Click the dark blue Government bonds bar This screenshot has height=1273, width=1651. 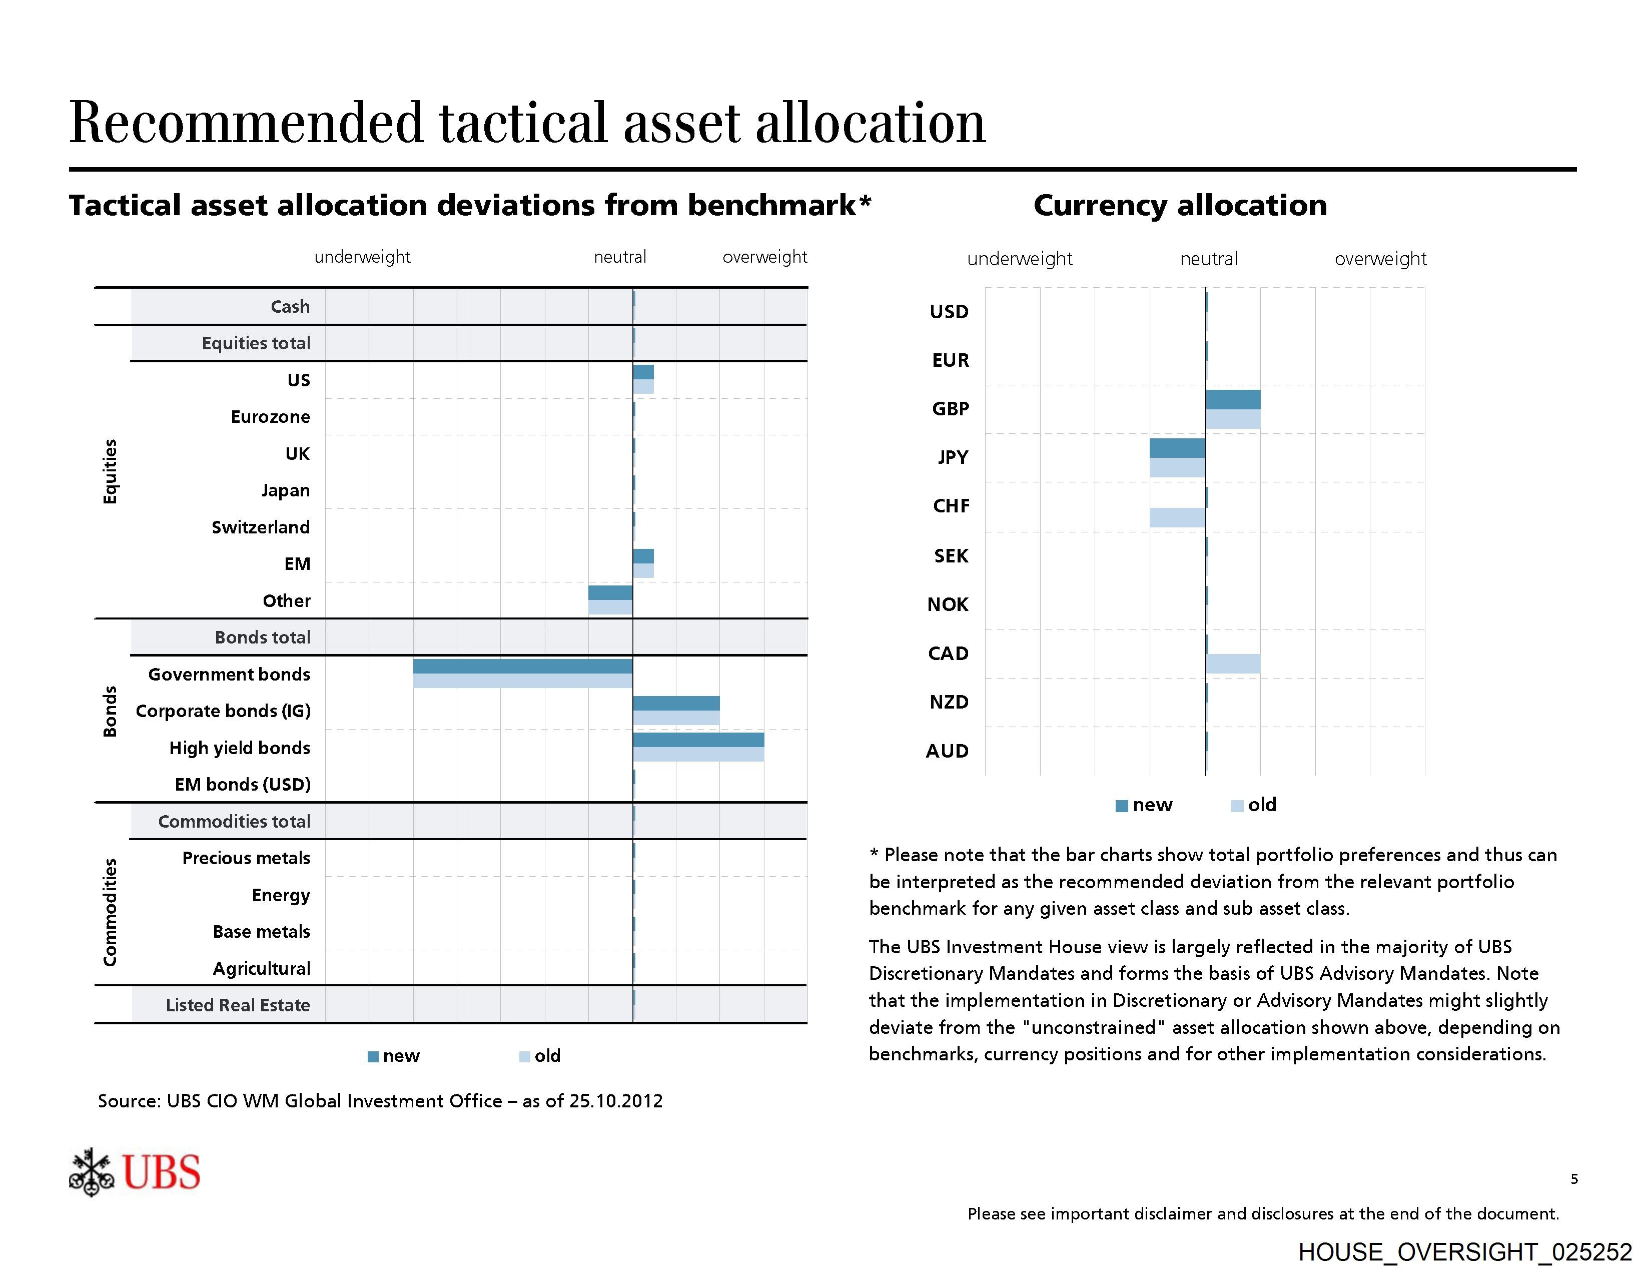coord(522,666)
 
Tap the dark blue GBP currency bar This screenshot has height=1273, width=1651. coord(1232,399)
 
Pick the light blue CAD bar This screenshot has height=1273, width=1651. coord(1232,664)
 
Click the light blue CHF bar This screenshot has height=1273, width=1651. coord(1177,518)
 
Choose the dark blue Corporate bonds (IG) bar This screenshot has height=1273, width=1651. coord(676,703)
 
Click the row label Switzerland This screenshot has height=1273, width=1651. coord(261,527)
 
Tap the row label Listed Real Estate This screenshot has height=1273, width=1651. coord(238,1005)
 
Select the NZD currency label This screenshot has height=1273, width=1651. coord(949,702)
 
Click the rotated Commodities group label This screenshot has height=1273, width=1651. coord(111,912)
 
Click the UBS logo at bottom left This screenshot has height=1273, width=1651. coord(135,1172)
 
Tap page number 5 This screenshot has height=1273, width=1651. coord(1574,1178)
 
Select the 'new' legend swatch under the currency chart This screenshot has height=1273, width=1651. coord(1122,806)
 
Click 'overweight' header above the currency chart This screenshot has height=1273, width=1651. coord(1380,259)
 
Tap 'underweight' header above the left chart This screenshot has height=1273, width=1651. coord(362,257)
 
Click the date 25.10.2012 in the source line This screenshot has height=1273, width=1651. coord(615,1101)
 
